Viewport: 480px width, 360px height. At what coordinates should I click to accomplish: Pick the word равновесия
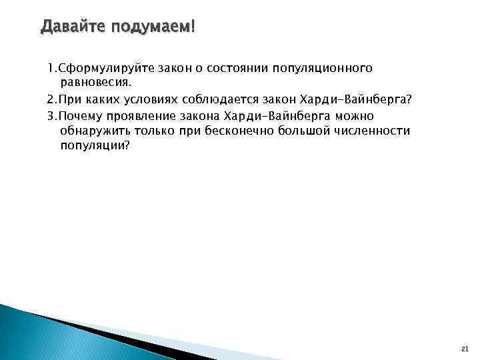click(x=97, y=83)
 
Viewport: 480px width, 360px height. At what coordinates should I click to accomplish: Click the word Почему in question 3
click(x=79, y=115)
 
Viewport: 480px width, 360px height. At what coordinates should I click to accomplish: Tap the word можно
click(x=358, y=115)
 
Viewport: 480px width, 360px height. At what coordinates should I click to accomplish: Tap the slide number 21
click(x=465, y=349)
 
